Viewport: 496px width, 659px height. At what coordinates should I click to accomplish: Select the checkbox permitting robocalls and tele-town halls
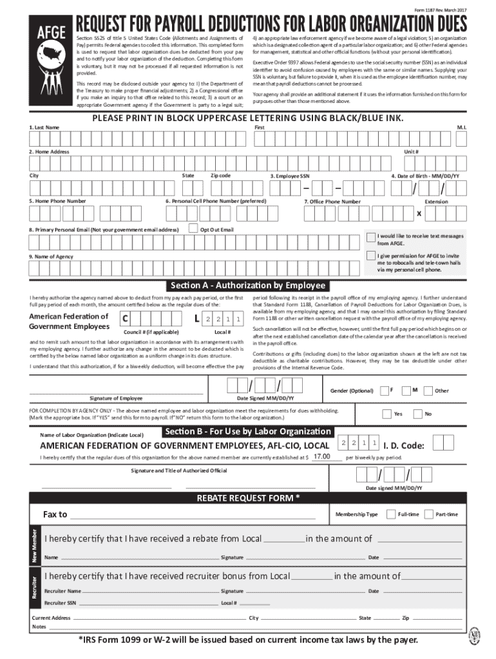(x=370, y=256)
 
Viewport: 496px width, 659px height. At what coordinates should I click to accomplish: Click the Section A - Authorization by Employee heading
(x=248, y=286)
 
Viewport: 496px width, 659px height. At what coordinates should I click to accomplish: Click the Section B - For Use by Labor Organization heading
(x=248, y=431)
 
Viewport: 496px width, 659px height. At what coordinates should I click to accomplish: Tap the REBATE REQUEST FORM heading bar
(x=248, y=499)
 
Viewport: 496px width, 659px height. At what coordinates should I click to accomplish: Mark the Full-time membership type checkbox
(x=390, y=514)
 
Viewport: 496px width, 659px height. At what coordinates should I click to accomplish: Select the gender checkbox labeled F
(x=384, y=390)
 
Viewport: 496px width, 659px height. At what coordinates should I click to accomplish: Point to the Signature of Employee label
(x=116, y=398)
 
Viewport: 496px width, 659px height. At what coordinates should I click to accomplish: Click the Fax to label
(x=55, y=514)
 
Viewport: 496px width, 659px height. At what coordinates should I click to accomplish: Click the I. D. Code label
(x=404, y=445)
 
